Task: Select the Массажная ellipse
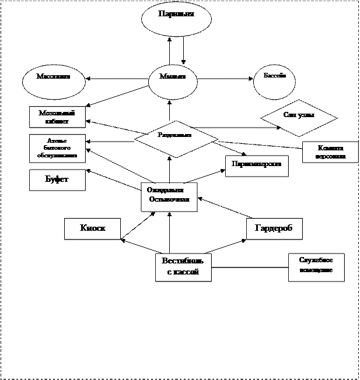coord(54,81)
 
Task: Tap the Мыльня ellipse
coord(173,82)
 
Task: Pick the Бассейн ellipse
coord(274,81)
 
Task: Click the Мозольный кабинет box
coord(57,117)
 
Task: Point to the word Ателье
coord(57,141)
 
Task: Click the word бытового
coord(57,149)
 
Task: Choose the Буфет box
coord(57,180)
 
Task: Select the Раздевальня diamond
coord(176,138)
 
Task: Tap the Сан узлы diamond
coord(299,118)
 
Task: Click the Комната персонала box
coord(330,152)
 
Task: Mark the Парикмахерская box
coord(257,166)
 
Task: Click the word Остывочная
coord(170,199)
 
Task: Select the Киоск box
coord(92,228)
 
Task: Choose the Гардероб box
coord(274,228)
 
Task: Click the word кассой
coord(187,272)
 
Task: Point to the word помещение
coord(316,270)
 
